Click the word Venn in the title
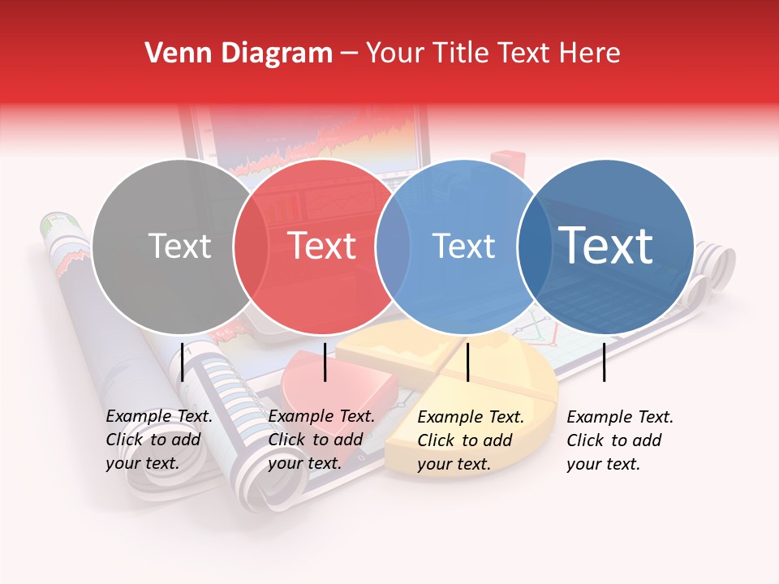coord(170,54)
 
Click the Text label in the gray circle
coord(179,246)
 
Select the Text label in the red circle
coord(322,246)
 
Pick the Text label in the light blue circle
coord(463,246)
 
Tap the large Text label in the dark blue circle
coord(605,246)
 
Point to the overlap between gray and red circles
coord(251,246)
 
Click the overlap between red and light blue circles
coord(393,246)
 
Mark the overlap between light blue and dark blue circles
coord(534,246)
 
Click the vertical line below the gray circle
coord(183,362)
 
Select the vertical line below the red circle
coord(325,362)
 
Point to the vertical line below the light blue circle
coord(468,362)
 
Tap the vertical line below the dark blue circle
coord(605,362)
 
